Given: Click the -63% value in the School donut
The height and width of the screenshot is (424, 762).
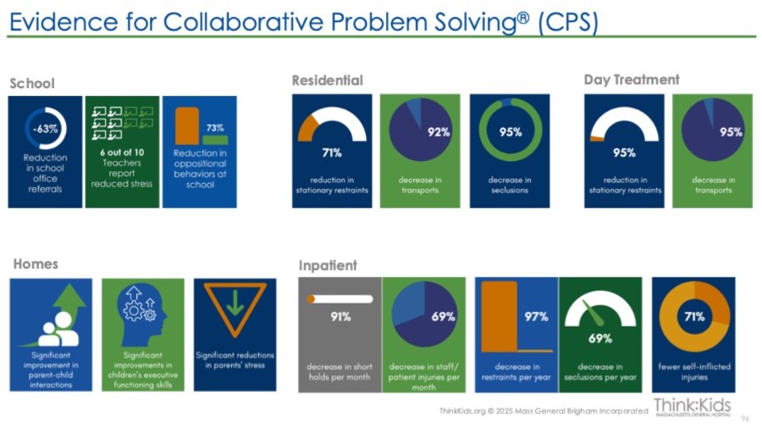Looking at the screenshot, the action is click(x=45, y=129).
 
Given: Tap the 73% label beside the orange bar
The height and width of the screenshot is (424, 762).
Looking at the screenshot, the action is click(x=215, y=127).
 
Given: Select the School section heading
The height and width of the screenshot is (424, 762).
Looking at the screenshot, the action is click(x=32, y=83).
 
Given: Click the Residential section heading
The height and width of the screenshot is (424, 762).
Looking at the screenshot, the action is click(x=327, y=81).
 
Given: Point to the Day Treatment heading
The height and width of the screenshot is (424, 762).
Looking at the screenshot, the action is click(x=632, y=80).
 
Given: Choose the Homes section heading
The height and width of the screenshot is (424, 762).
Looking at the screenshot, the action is click(x=36, y=264).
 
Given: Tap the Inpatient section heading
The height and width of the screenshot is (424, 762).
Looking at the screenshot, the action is click(x=328, y=265).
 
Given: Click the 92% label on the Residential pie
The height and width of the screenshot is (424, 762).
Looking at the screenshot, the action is click(x=439, y=132).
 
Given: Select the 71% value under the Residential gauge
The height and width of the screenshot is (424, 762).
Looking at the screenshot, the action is click(x=332, y=153).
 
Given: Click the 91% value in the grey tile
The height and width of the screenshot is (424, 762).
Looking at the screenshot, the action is click(x=340, y=317).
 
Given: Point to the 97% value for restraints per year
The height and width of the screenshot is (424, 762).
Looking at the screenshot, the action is click(x=536, y=317).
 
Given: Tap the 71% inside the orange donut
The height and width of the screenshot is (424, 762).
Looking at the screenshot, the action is click(x=694, y=317).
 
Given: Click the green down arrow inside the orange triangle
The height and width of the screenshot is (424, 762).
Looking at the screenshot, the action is click(x=235, y=302).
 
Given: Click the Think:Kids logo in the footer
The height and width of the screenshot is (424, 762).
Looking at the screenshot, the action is click(x=692, y=406).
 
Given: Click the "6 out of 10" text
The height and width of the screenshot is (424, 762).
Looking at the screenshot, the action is click(x=122, y=153).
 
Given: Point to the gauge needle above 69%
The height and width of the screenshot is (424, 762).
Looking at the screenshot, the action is click(x=593, y=313).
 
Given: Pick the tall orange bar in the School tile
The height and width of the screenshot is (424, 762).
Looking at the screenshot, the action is click(x=187, y=126).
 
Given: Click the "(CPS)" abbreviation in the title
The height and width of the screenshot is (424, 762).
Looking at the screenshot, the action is click(x=568, y=22).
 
